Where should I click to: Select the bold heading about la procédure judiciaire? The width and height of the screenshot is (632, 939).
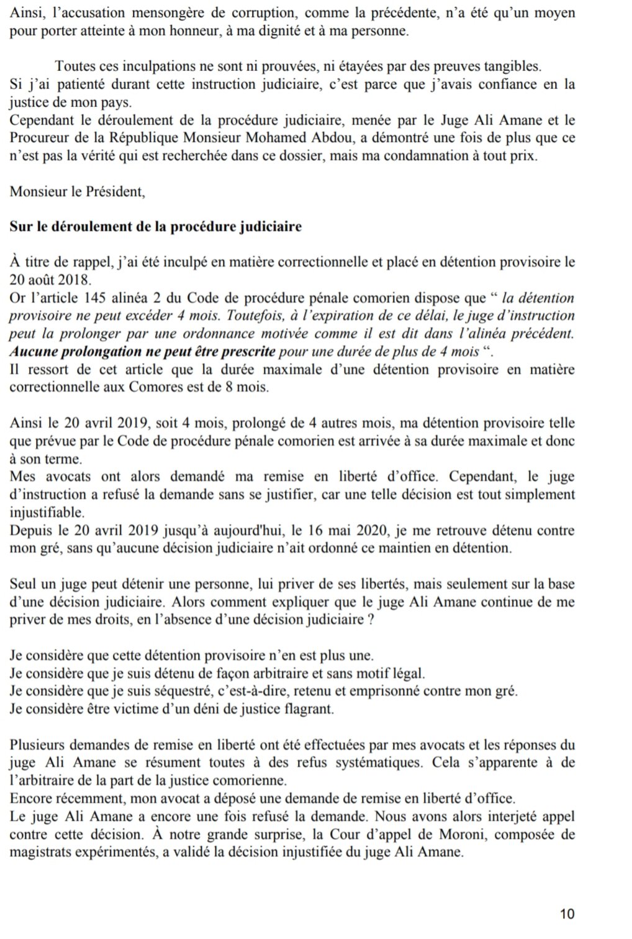click(x=155, y=227)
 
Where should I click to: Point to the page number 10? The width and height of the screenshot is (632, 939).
click(x=567, y=914)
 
